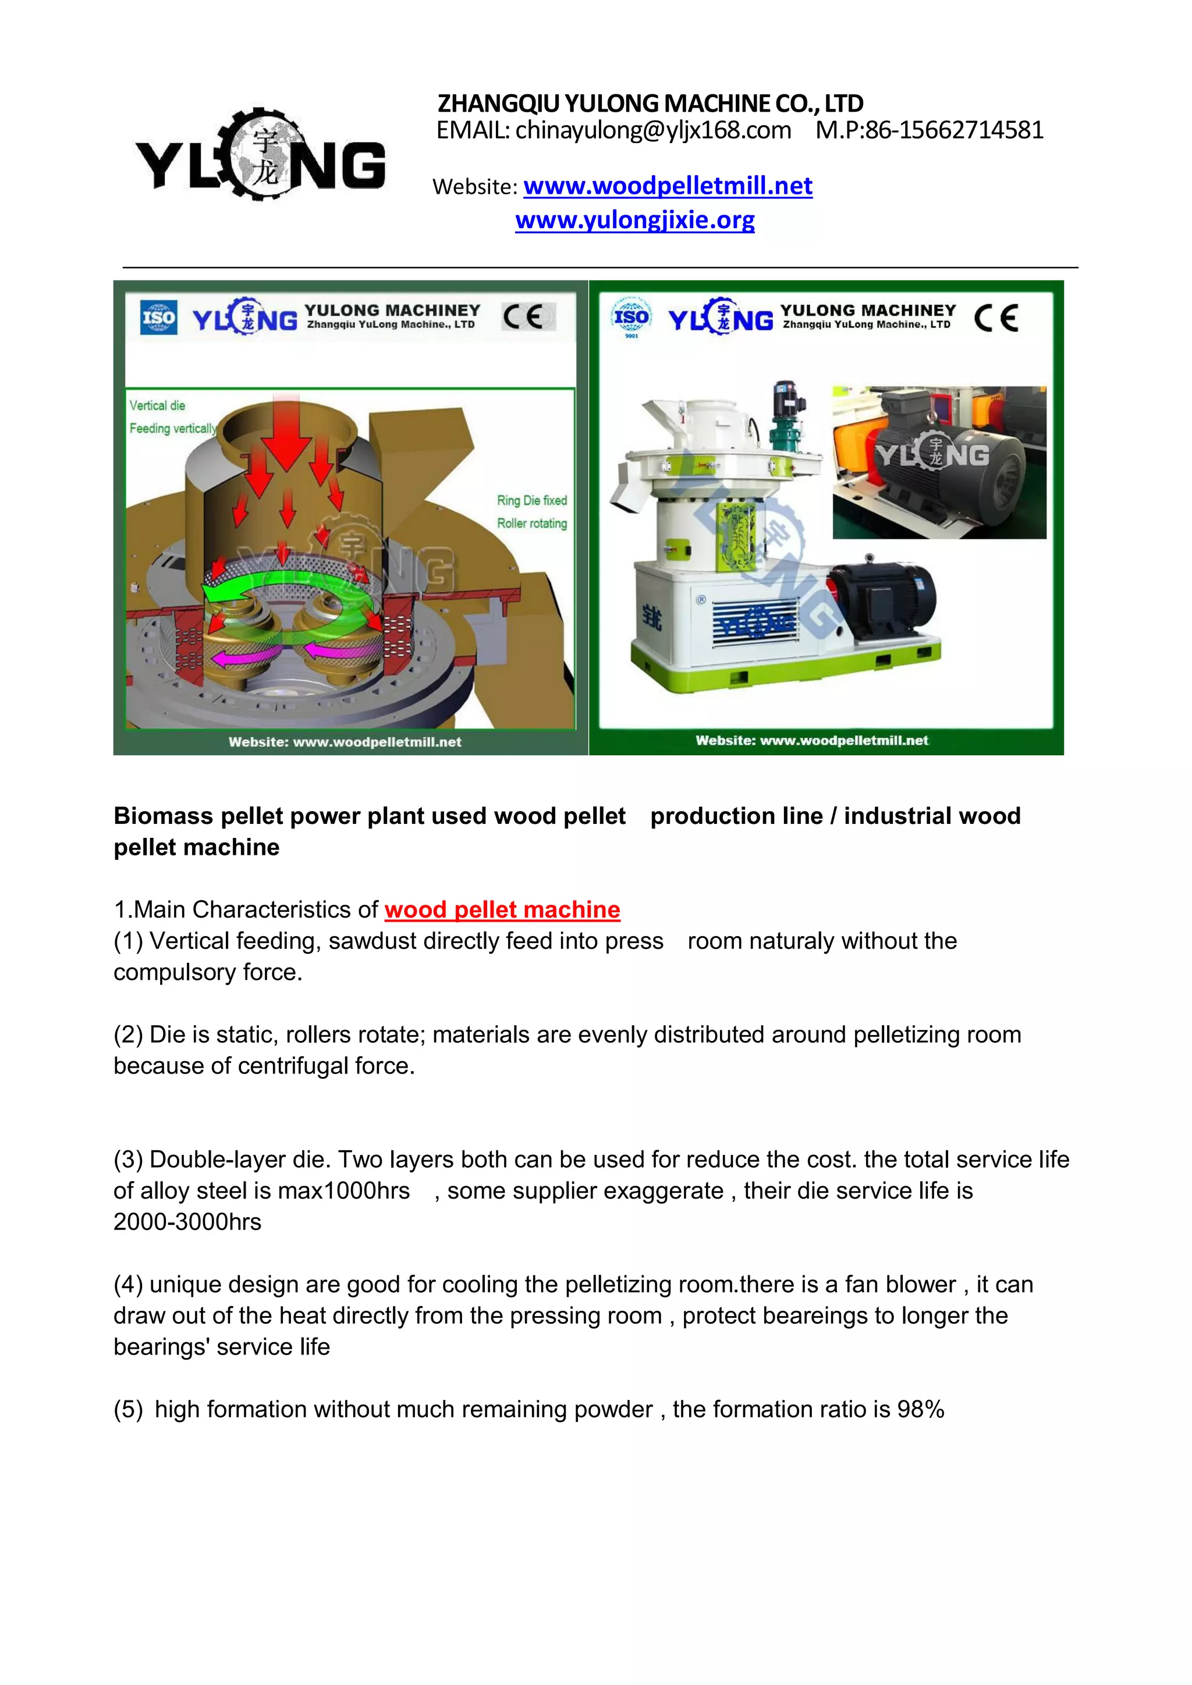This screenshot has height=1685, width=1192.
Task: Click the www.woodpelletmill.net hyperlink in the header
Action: (x=668, y=186)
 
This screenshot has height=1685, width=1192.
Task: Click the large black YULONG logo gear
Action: (x=265, y=155)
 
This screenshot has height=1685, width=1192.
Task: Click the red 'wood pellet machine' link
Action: (x=502, y=909)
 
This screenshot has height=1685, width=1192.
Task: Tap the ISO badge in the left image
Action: (x=158, y=318)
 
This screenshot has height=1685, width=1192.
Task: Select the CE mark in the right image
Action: (x=996, y=318)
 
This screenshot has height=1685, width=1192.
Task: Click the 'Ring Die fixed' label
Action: (x=532, y=500)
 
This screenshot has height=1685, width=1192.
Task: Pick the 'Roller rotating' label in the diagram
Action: (x=532, y=523)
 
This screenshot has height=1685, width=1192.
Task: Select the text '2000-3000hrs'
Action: (x=187, y=1222)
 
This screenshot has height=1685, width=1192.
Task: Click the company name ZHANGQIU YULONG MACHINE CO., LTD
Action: (x=650, y=103)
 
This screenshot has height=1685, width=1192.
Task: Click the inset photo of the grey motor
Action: (x=939, y=463)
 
